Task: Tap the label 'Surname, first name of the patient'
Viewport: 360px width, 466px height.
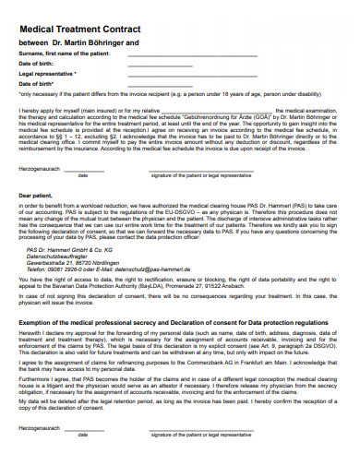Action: (64, 54)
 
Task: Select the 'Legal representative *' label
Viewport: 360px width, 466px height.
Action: (48, 73)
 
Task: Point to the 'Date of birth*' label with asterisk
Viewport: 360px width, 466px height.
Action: (38, 83)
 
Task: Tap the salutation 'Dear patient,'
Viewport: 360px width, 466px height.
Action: (36, 196)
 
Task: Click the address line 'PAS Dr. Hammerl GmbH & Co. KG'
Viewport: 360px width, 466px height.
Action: (69, 249)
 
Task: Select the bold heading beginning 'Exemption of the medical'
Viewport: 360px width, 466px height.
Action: (174, 323)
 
